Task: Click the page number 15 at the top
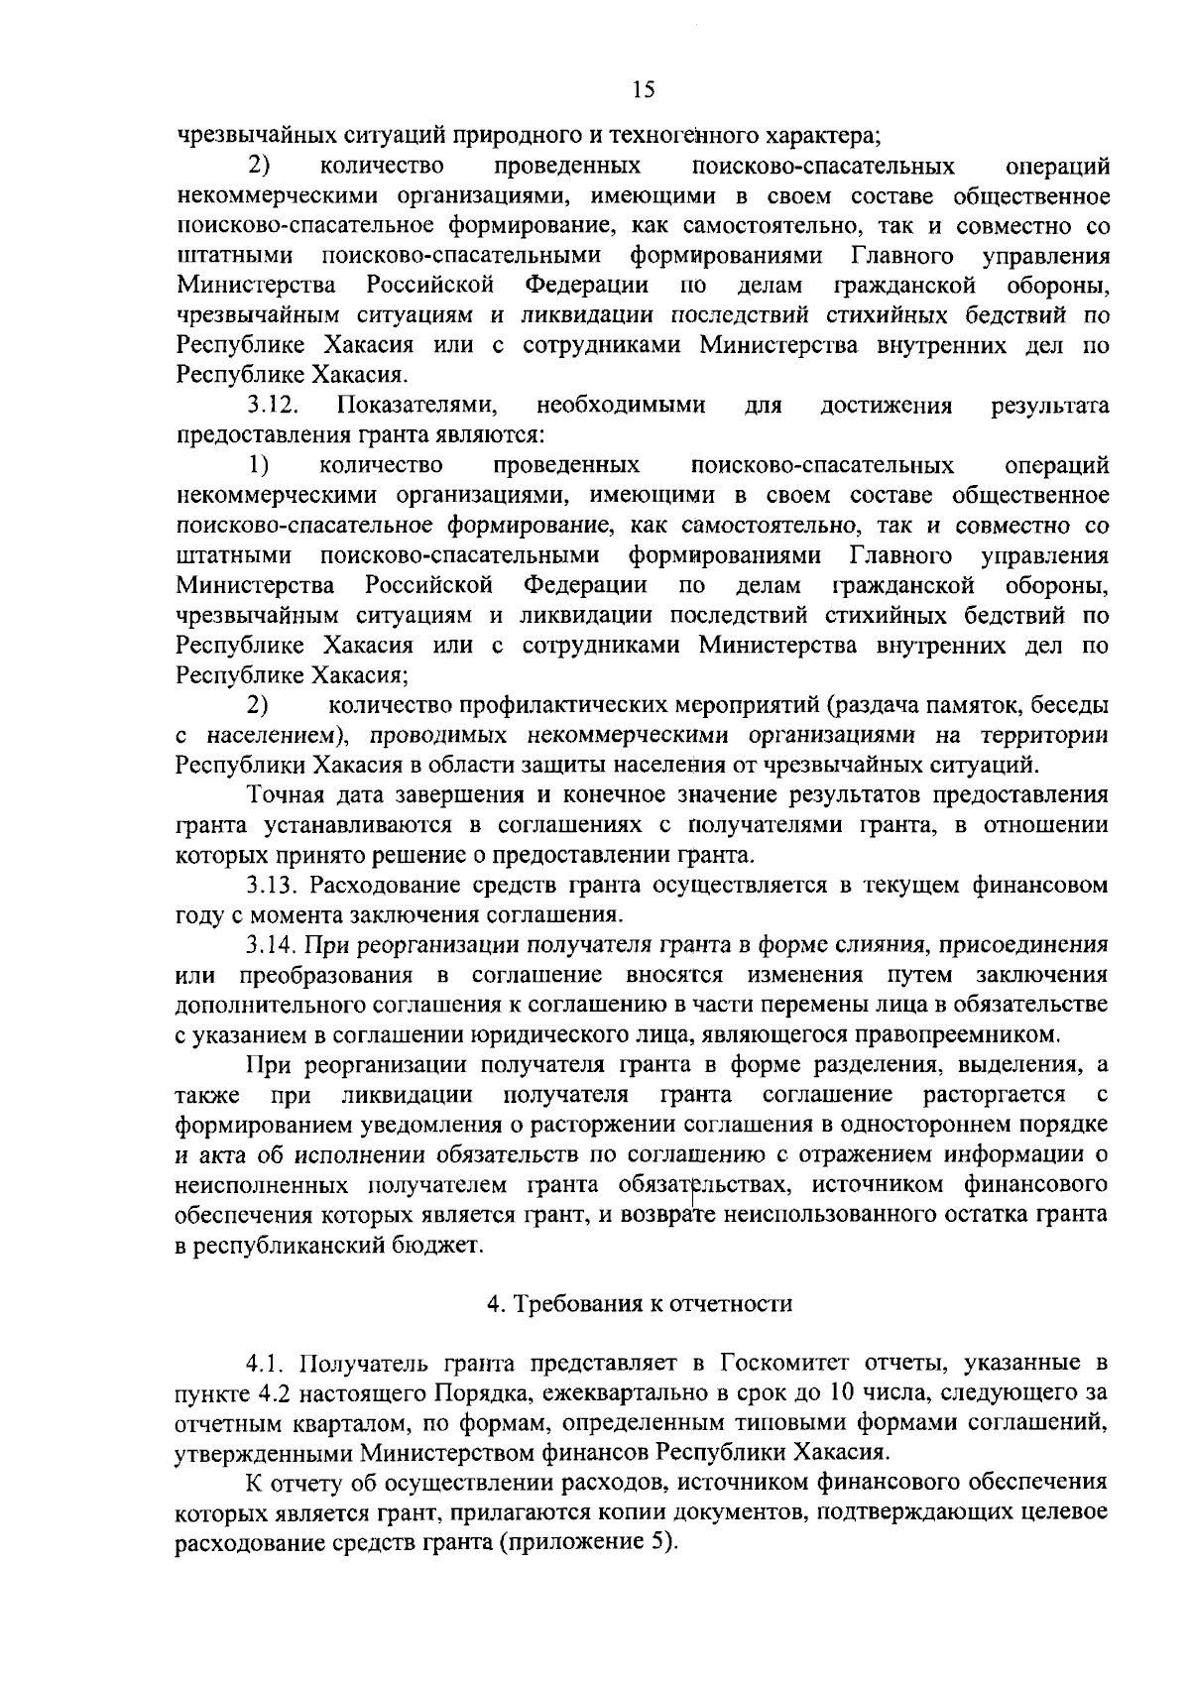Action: (x=643, y=90)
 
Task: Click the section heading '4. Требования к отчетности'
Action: (x=640, y=1304)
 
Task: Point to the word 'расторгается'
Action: (x=995, y=1094)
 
